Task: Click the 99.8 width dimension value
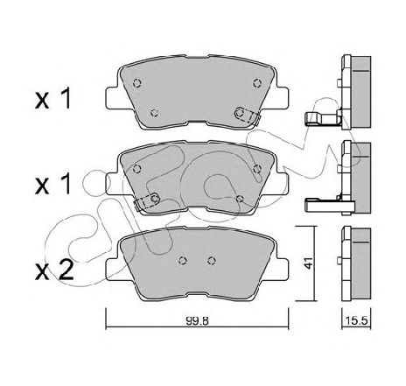point(197,321)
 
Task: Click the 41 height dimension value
point(308,263)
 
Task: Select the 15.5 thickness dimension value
point(356,321)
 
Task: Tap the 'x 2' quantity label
point(54,270)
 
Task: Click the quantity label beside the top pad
point(52,99)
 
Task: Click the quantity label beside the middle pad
point(52,185)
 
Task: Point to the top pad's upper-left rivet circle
point(137,83)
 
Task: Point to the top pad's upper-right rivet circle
point(257,83)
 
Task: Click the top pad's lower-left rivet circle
point(155,112)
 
